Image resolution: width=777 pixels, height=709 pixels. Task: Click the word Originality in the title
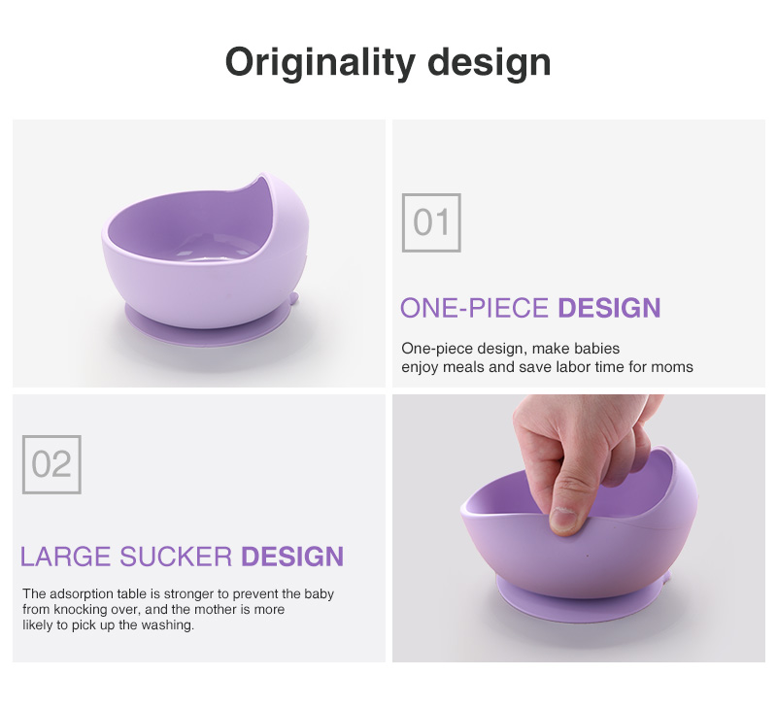tap(320, 63)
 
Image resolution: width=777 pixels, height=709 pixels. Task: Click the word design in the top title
tap(490, 62)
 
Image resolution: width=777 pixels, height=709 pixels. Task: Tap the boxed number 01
tap(431, 222)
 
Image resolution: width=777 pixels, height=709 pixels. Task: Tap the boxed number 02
tap(51, 464)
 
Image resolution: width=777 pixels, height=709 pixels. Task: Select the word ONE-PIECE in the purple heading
tap(474, 308)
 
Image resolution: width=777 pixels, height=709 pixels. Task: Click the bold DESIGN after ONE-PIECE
tap(609, 308)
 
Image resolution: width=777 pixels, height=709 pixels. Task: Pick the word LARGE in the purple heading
tap(65, 557)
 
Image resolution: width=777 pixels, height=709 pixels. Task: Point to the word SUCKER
tap(176, 557)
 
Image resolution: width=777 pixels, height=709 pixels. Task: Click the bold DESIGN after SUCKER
tap(292, 557)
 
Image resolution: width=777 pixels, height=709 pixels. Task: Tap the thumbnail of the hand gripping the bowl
tap(578, 528)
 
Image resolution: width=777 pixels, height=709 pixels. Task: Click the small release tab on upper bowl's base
tap(294, 299)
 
